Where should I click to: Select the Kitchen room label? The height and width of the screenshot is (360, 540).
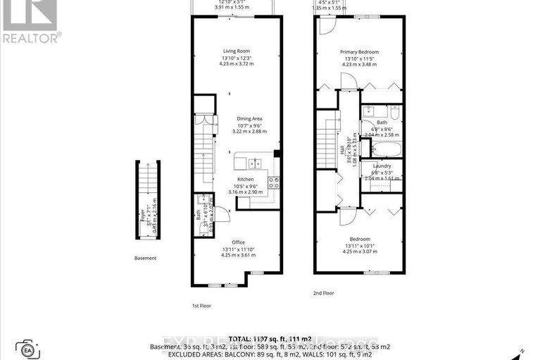coord(245,180)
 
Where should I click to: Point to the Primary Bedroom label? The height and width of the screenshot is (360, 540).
coord(359,51)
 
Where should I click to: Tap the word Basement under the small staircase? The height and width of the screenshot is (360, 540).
coord(145,259)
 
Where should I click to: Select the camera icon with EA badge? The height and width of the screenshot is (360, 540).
coord(28,349)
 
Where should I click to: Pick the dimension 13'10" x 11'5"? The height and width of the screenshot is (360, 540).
coord(359,58)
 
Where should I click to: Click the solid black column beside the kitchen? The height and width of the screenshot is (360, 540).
coord(277,154)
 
